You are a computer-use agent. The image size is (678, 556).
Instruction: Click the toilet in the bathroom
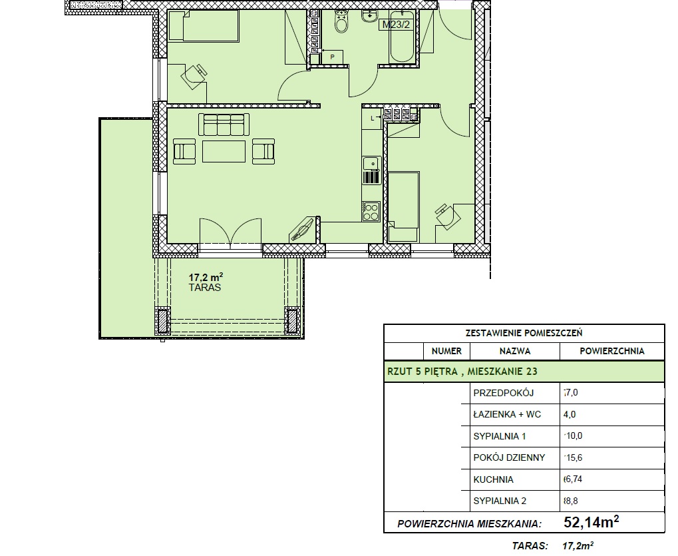(341, 21)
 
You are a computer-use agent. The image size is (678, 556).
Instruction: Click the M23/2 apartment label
(396, 25)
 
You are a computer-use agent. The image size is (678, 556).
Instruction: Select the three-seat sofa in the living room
(224, 124)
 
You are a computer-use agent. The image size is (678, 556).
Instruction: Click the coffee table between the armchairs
(224, 151)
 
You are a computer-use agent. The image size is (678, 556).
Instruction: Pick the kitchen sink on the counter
(371, 163)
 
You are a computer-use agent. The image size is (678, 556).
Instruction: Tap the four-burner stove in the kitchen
(371, 211)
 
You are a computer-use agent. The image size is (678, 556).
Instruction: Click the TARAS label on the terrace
(205, 287)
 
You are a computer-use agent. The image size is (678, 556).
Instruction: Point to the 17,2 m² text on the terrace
(206, 277)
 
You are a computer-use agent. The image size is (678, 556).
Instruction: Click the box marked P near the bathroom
(332, 57)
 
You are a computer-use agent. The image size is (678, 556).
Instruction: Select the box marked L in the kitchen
(373, 118)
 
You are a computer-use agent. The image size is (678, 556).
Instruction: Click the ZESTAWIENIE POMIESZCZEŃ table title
(524, 333)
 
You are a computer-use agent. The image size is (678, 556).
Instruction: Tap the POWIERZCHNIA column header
(612, 352)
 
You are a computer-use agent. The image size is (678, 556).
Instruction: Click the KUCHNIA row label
(494, 479)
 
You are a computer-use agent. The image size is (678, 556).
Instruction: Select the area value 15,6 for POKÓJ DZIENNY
(574, 457)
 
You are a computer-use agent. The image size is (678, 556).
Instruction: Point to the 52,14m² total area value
(591, 522)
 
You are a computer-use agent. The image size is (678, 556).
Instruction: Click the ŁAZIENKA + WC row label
(507, 415)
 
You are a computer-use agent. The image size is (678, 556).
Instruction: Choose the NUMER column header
(446, 352)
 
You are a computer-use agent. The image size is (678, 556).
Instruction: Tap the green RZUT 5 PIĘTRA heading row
(524, 372)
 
